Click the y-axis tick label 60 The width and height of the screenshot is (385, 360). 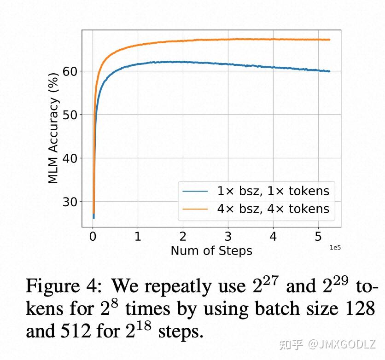(70, 71)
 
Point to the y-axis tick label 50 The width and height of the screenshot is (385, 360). (70, 115)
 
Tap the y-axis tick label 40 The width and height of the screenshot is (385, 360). (70, 158)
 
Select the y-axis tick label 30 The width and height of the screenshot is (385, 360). (70, 202)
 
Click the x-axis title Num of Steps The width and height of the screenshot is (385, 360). (211, 251)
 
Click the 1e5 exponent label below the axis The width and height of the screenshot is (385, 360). (334, 248)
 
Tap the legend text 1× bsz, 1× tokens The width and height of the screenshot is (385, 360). (273, 191)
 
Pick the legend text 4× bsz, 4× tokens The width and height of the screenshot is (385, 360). (273, 209)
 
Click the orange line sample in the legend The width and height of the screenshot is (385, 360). (196, 209)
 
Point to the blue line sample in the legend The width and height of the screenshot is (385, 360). (196, 191)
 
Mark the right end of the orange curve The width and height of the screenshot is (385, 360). (330, 40)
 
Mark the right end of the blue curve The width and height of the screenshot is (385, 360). (330, 71)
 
